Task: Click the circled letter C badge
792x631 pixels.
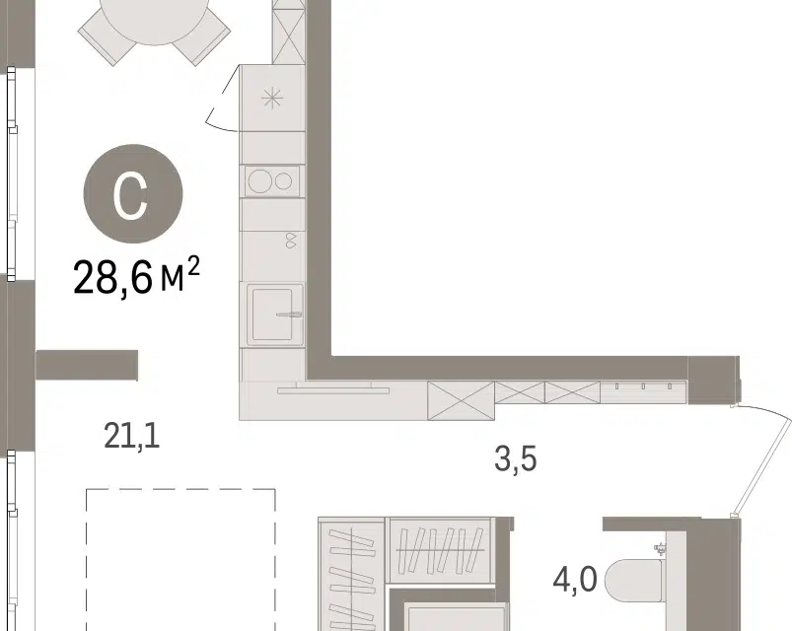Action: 133,194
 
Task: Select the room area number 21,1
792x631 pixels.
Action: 132,437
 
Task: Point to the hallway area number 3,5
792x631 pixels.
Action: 515,459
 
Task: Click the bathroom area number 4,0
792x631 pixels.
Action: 575,580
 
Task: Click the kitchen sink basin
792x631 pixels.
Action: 272,314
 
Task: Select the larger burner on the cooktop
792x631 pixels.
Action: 260,180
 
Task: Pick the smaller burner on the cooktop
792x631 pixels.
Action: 284,180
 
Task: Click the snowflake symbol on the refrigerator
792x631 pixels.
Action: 273,98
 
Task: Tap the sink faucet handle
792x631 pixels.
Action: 289,315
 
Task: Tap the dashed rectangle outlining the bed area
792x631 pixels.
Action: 180,489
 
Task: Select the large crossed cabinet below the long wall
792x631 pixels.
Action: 461,401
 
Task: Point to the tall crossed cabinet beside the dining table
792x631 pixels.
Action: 289,32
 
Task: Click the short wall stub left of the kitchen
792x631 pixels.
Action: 87,365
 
